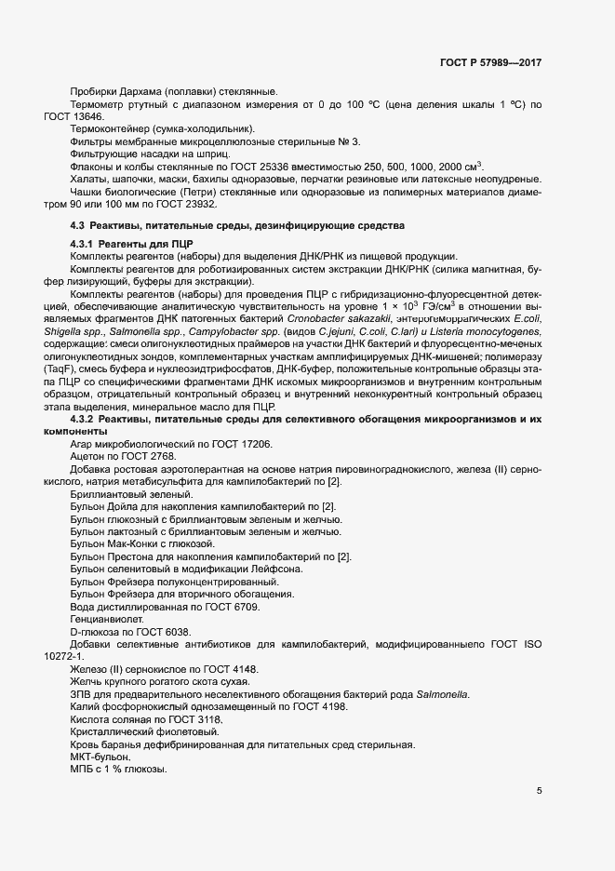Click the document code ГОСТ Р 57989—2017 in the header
(x=490, y=63)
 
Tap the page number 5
(x=540, y=791)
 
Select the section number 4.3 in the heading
(x=78, y=226)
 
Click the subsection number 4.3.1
(x=87, y=244)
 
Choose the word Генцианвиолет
(x=108, y=619)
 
